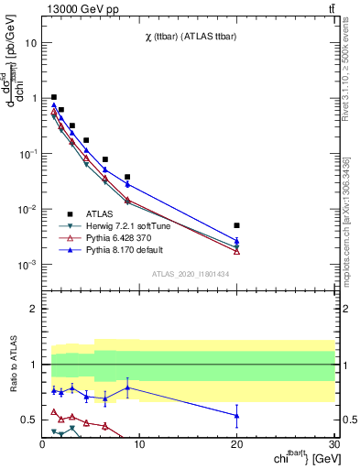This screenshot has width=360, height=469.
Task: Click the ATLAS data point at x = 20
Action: [x=236, y=224]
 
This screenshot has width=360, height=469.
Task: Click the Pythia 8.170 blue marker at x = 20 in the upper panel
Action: [x=236, y=241]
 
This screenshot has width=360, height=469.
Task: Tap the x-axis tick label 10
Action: [x=139, y=444]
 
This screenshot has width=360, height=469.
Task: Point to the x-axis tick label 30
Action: [x=333, y=444]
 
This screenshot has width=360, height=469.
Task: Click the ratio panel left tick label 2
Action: [x=32, y=309]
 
